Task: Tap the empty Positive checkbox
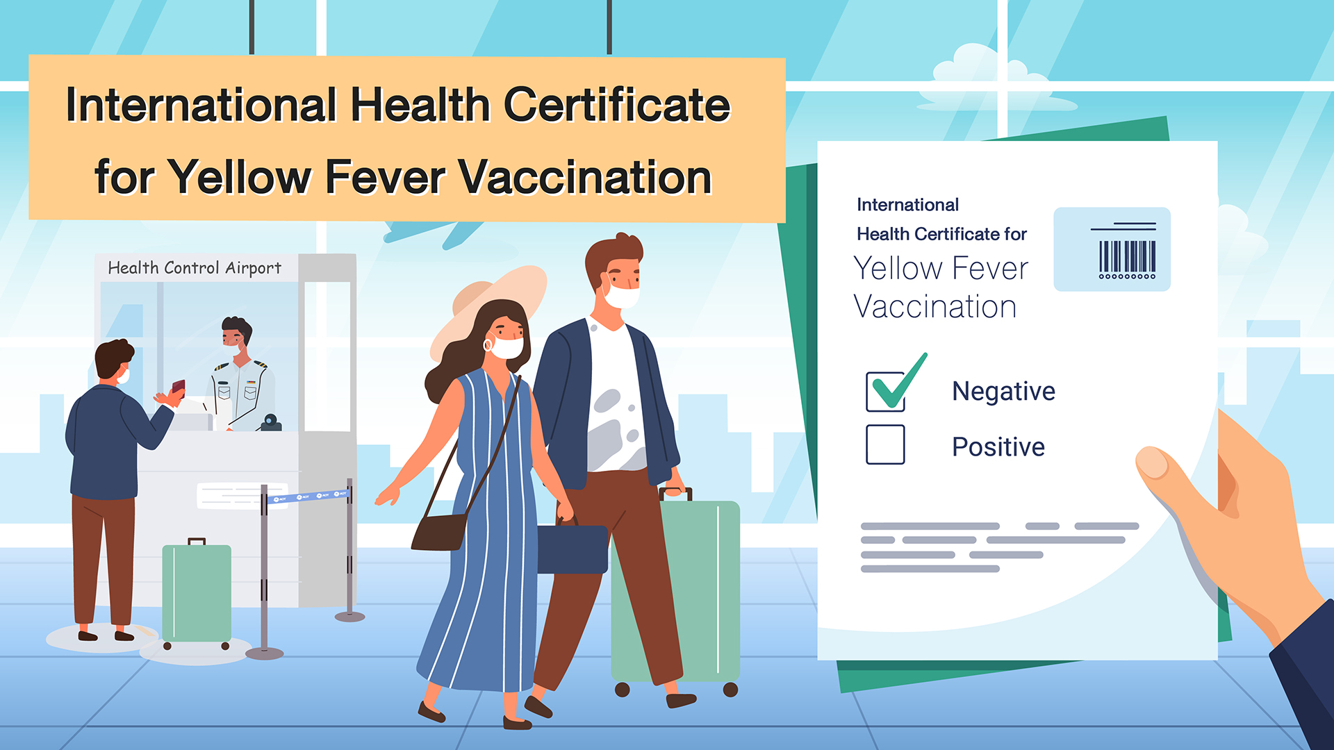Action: [885, 444]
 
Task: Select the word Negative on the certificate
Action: [1003, 391]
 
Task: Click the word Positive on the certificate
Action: [998, 447]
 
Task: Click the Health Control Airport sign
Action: [195, 267]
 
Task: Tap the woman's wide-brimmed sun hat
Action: [486, 306]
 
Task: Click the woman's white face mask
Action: [507, 347]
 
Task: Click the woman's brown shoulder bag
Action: [439, 531]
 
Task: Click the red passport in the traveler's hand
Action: [179, 387]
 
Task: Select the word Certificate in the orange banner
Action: [617, 105]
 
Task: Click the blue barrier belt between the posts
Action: [307, 496]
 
